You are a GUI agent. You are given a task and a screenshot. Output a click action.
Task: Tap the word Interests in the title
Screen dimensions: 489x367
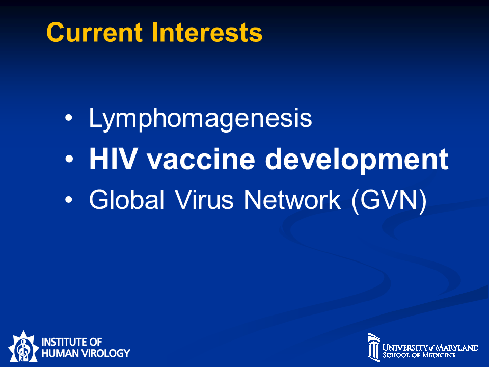[x=207, y=32]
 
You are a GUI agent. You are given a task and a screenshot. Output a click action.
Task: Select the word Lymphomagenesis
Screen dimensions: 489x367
[x=200, y=119]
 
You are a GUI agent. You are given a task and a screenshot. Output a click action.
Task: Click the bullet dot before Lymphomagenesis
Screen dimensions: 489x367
[x=69, y=118]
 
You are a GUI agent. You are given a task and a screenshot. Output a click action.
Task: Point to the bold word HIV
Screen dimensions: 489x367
[x=113, y=159]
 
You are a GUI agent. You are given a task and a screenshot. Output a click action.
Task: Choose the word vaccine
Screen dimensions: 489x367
[x=201, y=159]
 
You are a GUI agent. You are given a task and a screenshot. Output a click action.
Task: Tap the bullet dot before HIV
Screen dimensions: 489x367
[x=69, y=159]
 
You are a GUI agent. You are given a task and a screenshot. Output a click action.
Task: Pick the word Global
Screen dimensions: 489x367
[x=127, y=199]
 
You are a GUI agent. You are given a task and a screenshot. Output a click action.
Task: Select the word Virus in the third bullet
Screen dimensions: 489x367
[x=204, y=199]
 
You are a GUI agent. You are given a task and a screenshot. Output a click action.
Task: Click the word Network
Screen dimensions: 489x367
[x=292, y=199]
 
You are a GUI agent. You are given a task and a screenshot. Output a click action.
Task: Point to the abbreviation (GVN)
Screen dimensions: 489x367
[x=389, y=201]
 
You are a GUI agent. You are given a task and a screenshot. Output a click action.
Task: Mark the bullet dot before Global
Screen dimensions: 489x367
[x=69, y=199]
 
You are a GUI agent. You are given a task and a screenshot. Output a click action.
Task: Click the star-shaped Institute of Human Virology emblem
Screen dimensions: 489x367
[x=23, y=347]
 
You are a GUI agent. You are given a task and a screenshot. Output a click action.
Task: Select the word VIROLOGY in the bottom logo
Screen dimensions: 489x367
[x=105, y=353]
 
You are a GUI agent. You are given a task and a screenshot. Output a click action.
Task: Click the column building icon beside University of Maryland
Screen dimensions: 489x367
[x=374, y=347]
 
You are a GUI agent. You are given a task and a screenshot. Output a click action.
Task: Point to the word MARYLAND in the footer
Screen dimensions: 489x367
[x=457, y=348]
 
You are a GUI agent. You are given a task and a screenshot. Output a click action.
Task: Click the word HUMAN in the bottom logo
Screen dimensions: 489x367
[x=60, y=353]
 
